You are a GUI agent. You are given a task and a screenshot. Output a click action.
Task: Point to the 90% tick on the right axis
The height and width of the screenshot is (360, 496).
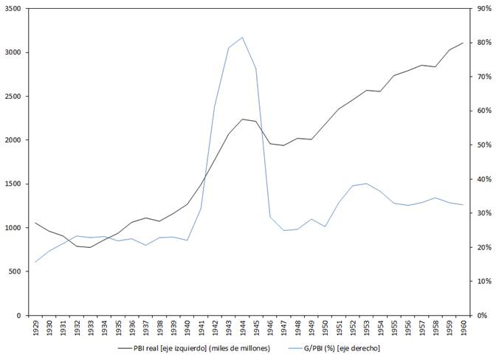click(x=480, y=9)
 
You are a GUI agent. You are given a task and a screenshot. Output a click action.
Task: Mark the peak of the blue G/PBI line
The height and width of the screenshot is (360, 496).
click(x=242, y=37)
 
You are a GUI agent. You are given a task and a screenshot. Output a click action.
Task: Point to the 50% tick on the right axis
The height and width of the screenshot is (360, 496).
click(x=480, y=145)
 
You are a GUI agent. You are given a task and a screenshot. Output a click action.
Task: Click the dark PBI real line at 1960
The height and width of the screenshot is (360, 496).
click(x=463, y=43)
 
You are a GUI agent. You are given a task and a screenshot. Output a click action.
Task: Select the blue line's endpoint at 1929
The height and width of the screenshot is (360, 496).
click(x=35, y=262)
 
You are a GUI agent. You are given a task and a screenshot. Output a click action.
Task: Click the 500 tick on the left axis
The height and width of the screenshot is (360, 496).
click(x=16, y=271)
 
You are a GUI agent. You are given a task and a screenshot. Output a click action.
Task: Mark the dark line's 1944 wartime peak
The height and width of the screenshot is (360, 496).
click(x=242, y=119)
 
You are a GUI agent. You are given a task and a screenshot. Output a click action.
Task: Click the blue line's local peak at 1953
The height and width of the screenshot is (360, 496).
click(x=366, y=183)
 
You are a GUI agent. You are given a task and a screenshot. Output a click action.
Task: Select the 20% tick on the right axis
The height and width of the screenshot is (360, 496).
click(x=480, y=247)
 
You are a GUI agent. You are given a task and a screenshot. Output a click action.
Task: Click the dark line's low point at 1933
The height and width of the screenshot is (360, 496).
click(x=91, y=247)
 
